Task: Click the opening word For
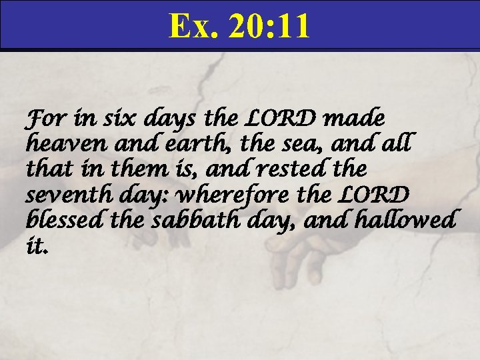click(x=41, y=121)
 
